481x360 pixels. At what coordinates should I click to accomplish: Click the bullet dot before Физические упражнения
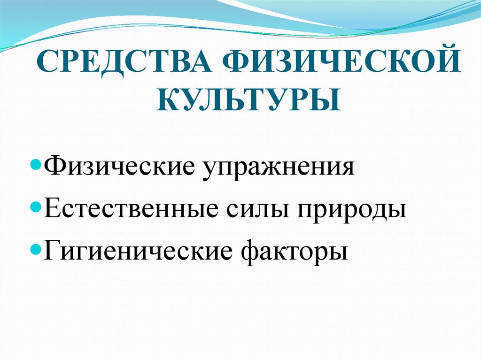pyautogui.click(x=39, y=166)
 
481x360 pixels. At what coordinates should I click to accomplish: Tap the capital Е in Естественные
pyautogui.click(x=51, y=208)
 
